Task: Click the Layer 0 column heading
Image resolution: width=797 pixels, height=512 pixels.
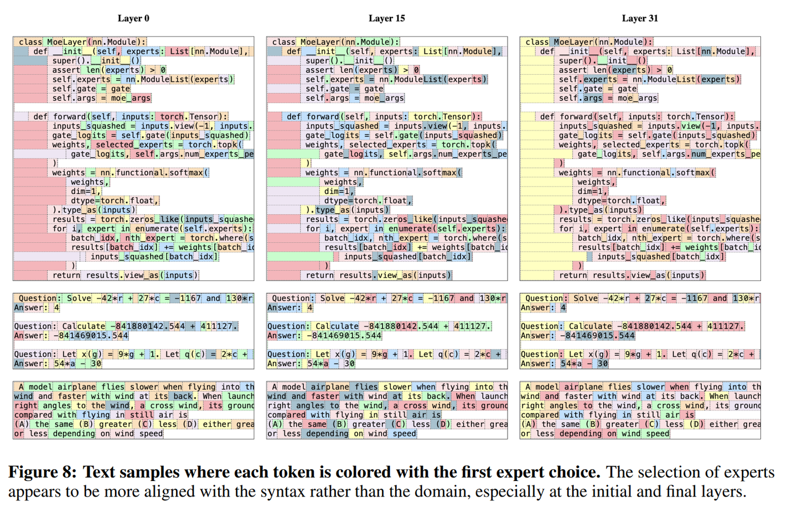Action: click(133, 18)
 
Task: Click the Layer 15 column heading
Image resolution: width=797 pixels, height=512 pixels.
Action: click(387, 18)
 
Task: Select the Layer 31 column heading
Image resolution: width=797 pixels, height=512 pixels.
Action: click(640, 18)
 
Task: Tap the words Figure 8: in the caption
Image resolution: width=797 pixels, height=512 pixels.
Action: click(42, 472)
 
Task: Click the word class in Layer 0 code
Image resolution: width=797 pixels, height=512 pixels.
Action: click(30, 42)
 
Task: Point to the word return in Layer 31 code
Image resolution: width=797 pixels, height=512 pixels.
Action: click(573, 275)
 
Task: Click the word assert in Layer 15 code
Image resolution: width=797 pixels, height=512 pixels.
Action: click(319, 70)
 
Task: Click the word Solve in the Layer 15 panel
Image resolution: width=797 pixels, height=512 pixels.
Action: click(332, 298)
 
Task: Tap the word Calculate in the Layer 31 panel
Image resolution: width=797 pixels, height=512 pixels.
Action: click(590, 326)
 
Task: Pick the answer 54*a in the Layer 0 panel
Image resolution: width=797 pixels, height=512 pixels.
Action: click(65, 363)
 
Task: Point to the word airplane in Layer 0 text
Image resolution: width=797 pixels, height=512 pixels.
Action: click(76, 387)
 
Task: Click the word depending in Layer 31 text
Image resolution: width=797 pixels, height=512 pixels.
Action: click(580, 434)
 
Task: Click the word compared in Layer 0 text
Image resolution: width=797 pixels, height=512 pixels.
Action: click(33, 415)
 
